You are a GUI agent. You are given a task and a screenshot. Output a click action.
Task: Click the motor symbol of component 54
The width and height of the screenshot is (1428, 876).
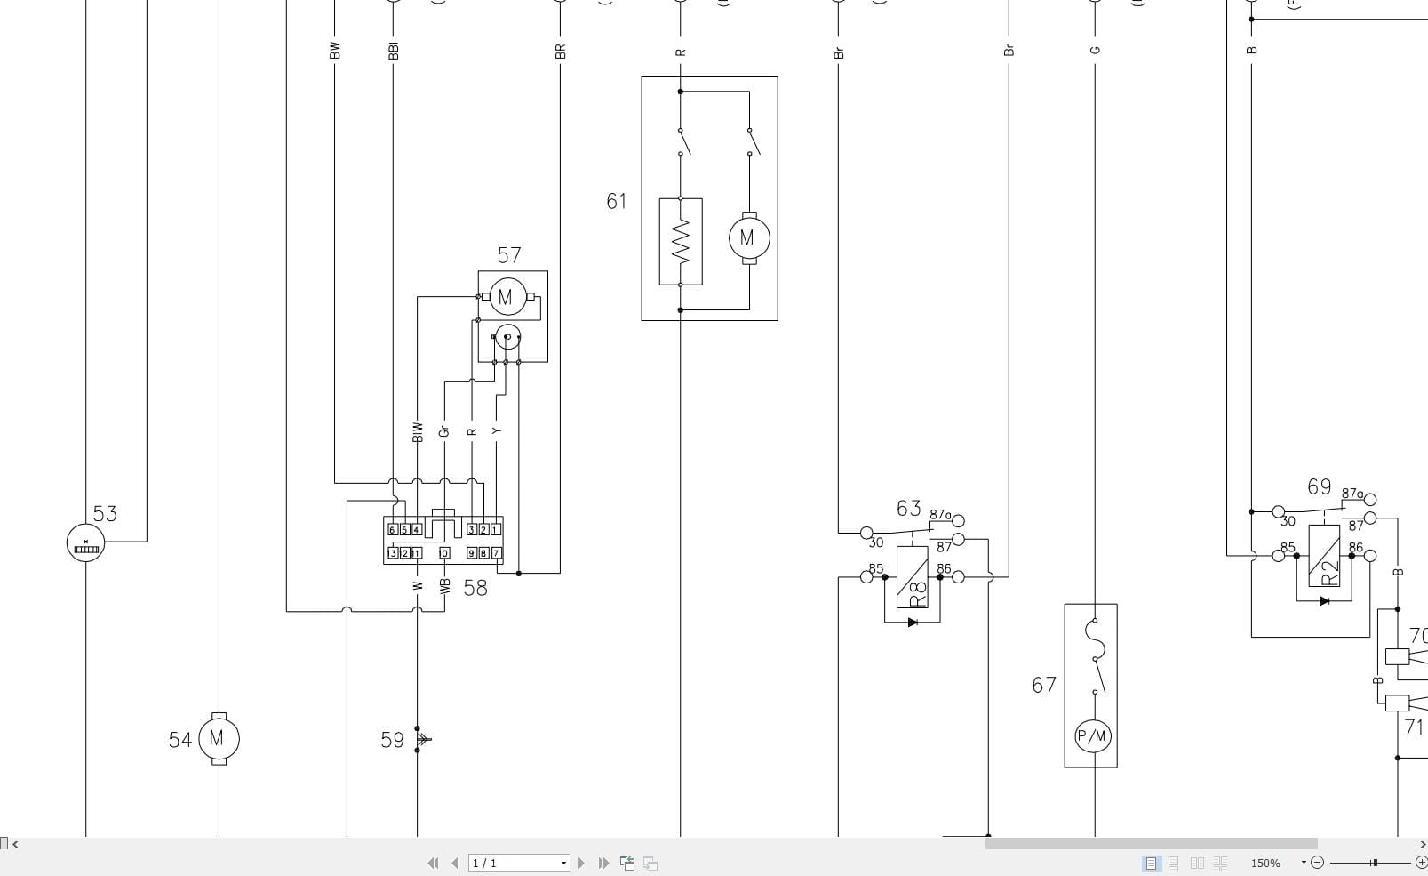click(x=218, y=738)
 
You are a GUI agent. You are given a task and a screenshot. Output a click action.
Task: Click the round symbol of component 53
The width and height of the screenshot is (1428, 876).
click(x=85, y=542)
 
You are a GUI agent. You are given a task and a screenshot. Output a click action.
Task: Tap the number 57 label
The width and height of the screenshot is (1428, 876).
click(x=509, y=256)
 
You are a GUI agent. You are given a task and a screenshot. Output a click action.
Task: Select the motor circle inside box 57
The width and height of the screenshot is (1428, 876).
click(x=506, y=297)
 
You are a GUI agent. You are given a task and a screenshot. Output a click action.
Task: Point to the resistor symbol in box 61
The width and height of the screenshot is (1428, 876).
click(x=681, y=241)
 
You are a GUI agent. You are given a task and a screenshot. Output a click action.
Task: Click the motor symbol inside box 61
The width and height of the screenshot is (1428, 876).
click(x=747, y=237)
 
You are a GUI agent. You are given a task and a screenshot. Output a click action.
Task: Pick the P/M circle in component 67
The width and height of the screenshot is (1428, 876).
click(x=1091, y=735)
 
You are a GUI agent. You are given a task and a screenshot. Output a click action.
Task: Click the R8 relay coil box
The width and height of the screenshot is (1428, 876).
click(x=913, y=577)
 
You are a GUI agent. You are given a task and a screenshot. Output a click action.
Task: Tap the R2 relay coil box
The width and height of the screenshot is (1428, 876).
click(x=1325, y=555)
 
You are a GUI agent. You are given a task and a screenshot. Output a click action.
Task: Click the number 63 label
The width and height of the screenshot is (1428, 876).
click(x=908, y=509)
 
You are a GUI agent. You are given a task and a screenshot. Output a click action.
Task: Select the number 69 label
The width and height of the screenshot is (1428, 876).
click(x=1319, y=487)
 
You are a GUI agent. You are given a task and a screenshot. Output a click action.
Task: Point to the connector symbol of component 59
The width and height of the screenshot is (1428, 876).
click(x=423, y=739)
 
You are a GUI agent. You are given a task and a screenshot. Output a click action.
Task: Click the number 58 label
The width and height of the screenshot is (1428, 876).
click(x=475, y=589)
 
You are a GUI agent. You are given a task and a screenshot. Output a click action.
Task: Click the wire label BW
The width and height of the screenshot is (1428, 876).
click(x=335, y=51)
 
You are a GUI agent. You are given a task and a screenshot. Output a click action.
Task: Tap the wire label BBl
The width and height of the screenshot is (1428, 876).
click(x=394, y=51)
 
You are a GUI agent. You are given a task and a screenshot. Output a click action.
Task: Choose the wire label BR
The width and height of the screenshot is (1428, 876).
click(x=560, y=52)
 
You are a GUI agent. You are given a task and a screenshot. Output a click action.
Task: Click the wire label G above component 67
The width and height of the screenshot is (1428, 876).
click(x=1095, y=51)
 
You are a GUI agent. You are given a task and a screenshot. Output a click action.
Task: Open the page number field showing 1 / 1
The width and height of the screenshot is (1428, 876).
click(x=517, y=863)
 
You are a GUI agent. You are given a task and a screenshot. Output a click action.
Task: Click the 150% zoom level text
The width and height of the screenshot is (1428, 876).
click(x=1265, y=863)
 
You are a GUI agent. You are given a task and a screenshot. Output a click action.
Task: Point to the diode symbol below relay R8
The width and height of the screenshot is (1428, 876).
click(x=912, y=623)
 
